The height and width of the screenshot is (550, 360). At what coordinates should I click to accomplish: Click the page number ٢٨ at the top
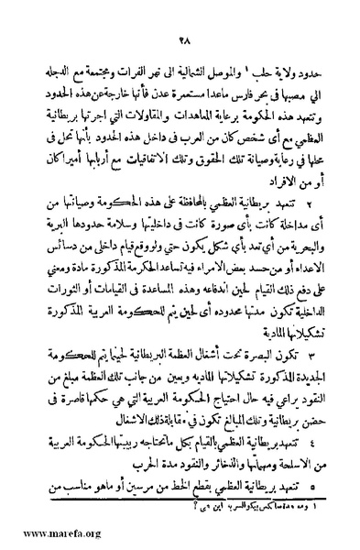(x=182, y=38)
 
